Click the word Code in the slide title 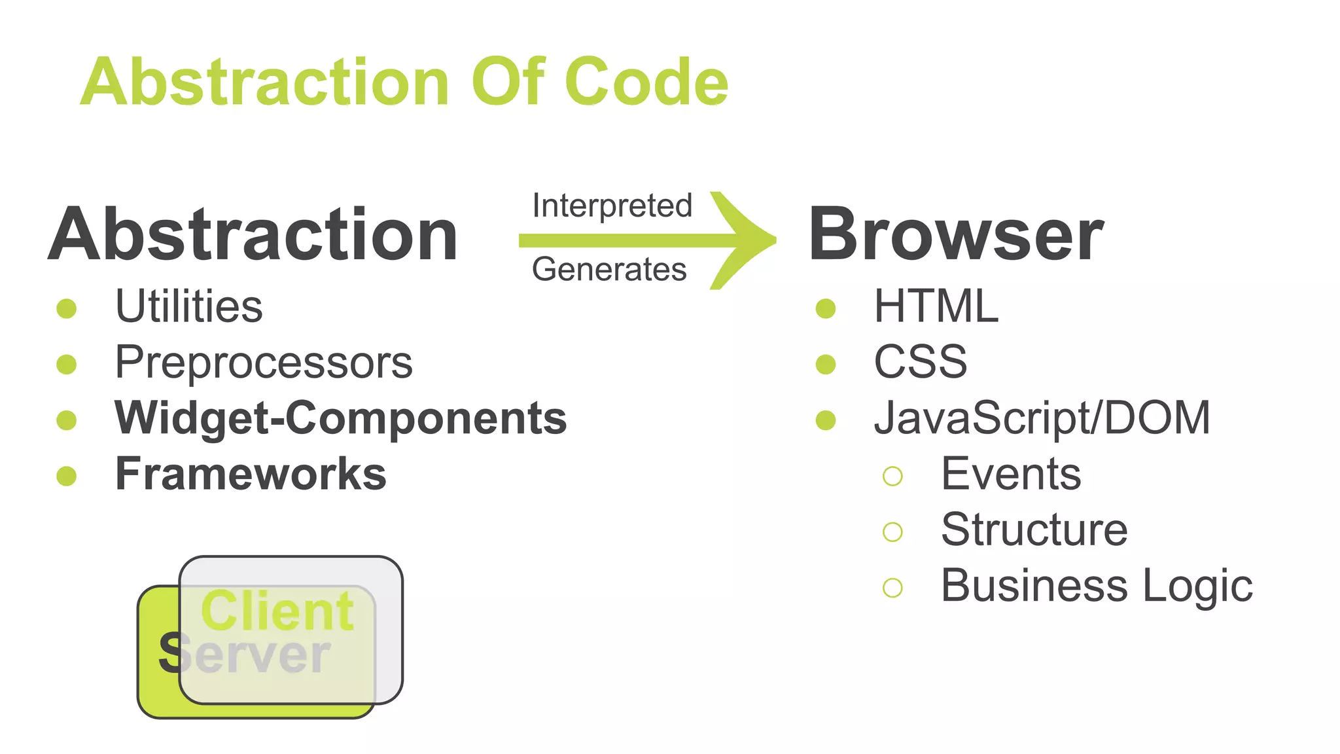(646, 82)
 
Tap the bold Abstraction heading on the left (253, 234)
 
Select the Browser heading (956, 234)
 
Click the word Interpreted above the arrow (612, 206)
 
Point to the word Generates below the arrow (609, 269)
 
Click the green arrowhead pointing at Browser (746, 240)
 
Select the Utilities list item (188, 306)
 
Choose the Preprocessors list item (264, 362)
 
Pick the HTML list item (936, 306)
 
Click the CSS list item (921, 362)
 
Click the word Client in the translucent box (277, 611)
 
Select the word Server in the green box (245, 654)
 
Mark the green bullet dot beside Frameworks (67, 476)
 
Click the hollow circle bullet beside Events (892, 476)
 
